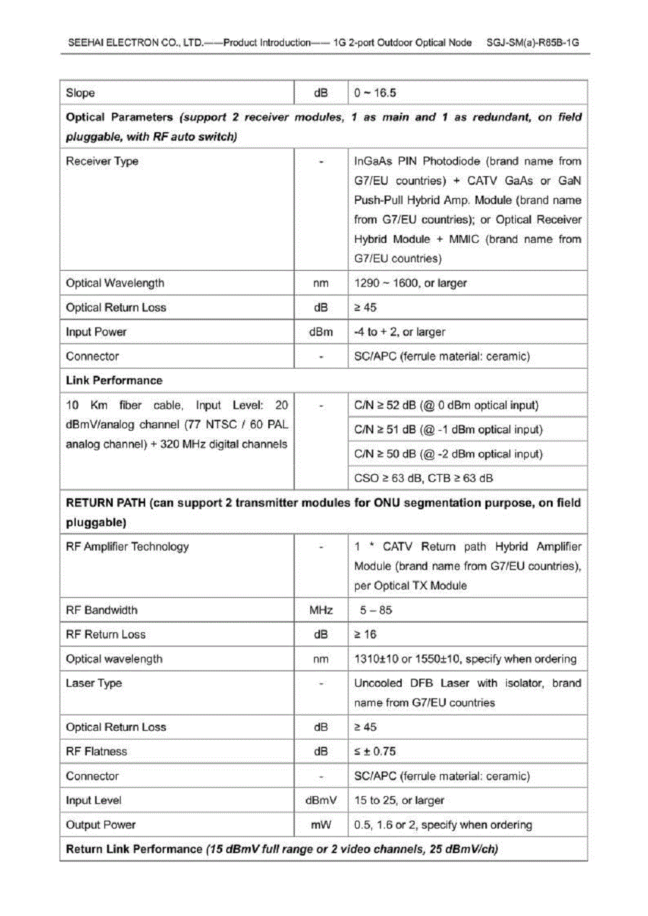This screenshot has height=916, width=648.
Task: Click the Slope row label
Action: tap(80, 93)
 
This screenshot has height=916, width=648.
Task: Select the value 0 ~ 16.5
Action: tap(375, 93)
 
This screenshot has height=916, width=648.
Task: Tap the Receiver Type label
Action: tap(102, 161)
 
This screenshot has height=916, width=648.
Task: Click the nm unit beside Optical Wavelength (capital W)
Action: tap(321, 283)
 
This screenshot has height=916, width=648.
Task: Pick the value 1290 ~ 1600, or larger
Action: tap(410, 283)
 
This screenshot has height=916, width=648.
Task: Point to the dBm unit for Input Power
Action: tap(321, 332)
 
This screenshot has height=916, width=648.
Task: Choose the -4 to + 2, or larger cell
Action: tap(400, 332)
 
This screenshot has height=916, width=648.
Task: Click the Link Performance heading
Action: tap(114, 380)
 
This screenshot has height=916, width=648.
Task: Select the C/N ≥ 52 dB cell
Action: tap(446, 405)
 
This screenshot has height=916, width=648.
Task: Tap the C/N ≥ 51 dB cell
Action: tap(448, 429)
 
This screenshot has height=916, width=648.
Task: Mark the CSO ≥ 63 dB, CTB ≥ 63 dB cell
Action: tap(423, 478)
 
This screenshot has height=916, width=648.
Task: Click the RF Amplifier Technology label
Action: tap(127, 546)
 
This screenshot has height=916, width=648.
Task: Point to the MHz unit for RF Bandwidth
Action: tap(321, 610)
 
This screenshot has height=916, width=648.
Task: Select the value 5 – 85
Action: tap(376, 610)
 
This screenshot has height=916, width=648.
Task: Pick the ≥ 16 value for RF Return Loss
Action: tap(365, 634)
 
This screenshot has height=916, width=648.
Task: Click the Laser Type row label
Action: tap(94, 683)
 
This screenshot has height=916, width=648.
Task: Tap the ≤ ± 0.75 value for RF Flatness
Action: tap(375, 751)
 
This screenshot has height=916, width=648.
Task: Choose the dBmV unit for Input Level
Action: tap(321, 800)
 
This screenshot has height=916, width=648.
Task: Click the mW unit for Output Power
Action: tap(321, 825)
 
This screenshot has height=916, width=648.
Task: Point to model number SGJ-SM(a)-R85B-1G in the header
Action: tap(533, 43)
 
